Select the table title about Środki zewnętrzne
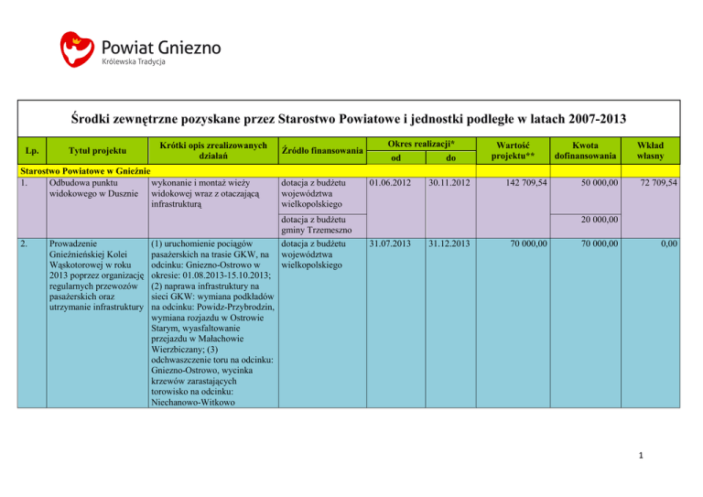click(351, 117)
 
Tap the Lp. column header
click(32, 151)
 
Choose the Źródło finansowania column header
click(322, 151)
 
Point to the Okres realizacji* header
click(422, 145)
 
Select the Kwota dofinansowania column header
click(592, 151)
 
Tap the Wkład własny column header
click(657, 151)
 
